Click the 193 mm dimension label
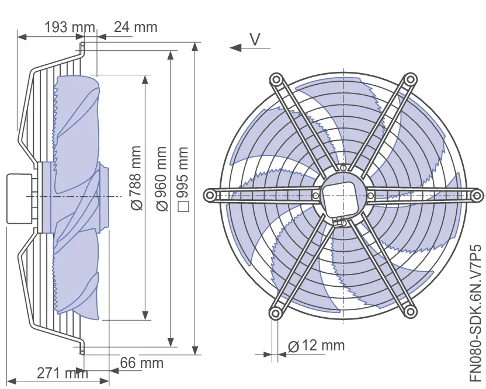pos(70,27)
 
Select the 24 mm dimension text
pos(136,27)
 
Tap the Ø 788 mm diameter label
pos(136,178)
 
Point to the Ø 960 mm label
pos(162,179)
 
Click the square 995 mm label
pos(183,179)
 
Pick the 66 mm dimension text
pos(141,363)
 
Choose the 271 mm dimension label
pos(63,373)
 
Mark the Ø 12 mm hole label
pos(316,346)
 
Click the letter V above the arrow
pos(255,39)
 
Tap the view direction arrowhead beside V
pos(235,48)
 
